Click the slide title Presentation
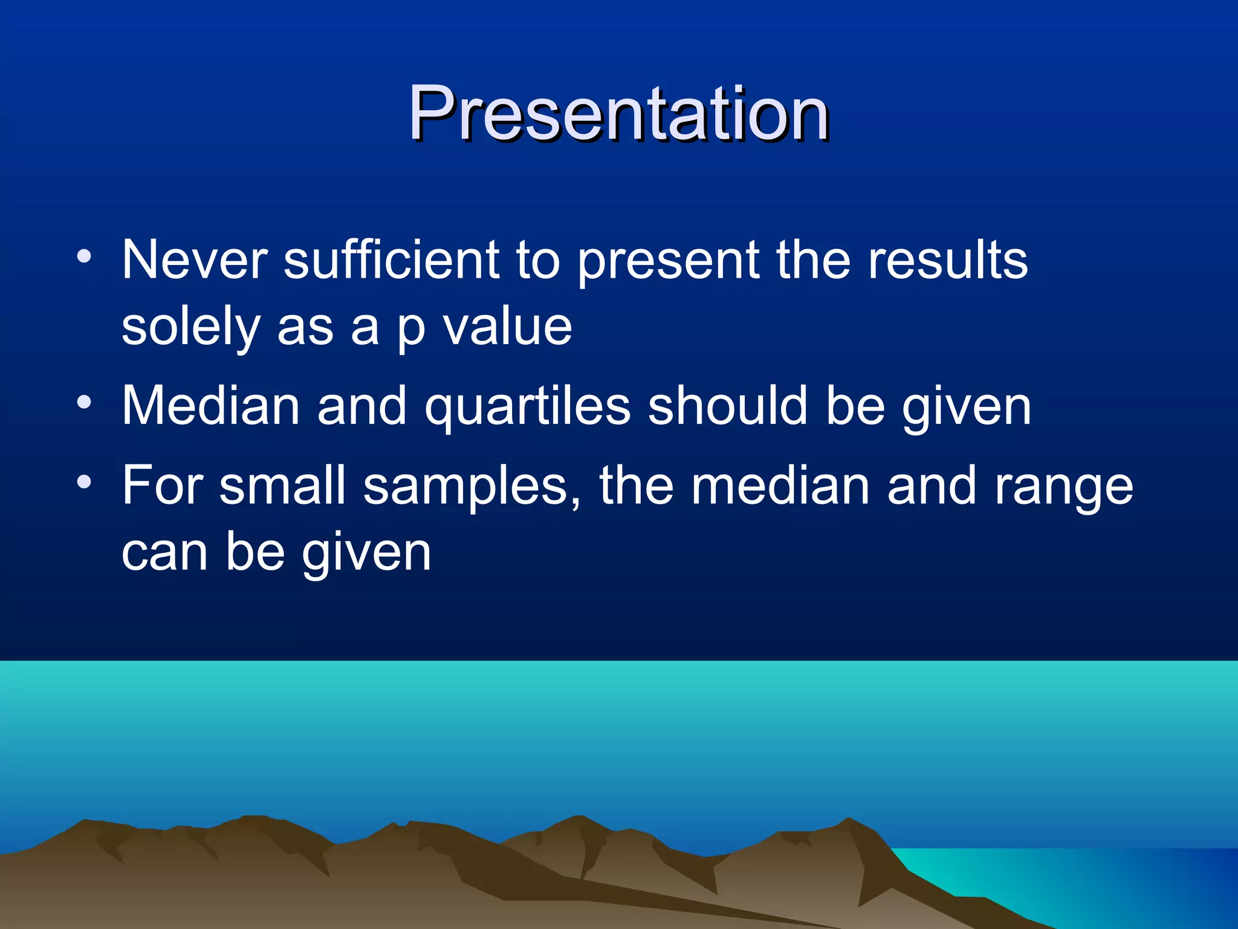point(618,113)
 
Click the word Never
point(194,259)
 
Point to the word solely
point(191,328)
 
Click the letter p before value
point(411,332)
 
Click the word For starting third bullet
point(163,486)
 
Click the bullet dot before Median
point(84,402)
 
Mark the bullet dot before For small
point(84,482)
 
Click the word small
point(282,486)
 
